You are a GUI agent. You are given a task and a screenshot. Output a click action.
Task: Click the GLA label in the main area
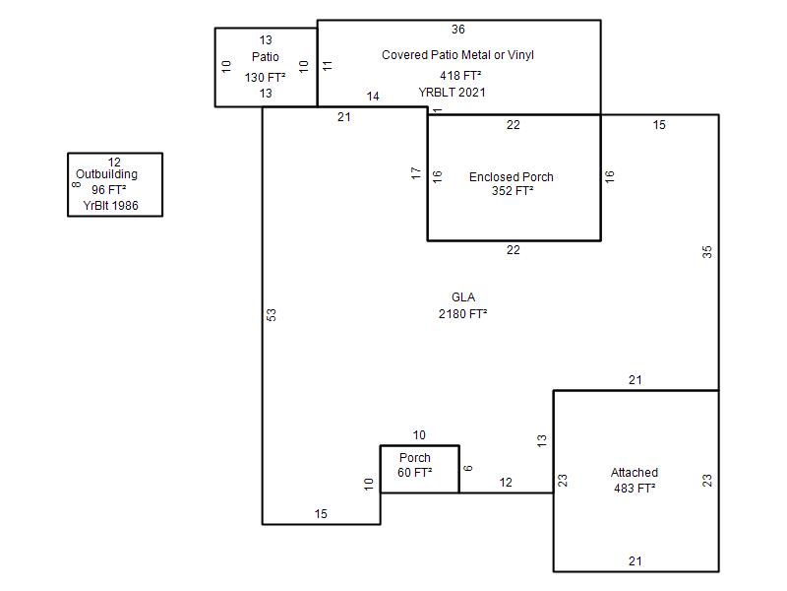click(x=462, y=297)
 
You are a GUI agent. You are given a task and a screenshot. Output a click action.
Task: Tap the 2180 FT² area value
click(x=462, y=314)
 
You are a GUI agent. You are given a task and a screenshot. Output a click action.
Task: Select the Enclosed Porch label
click(x=512, y=177)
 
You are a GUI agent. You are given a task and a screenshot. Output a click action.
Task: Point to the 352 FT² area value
click(x=513, y=191)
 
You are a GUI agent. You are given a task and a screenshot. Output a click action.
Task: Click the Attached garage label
click(x=635, y=473)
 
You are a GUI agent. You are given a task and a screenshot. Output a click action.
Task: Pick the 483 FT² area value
click(x=635, y=488)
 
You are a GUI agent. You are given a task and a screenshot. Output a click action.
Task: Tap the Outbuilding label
click(x=107, y=175)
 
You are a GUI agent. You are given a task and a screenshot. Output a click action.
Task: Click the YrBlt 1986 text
click(x=111, y=206)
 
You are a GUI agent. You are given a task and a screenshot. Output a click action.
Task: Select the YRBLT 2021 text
click(x=453, y=93)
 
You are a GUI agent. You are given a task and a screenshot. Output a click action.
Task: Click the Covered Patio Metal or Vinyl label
click(x=457, y=55)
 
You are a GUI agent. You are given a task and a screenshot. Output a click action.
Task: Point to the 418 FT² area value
click(x=459, y=76)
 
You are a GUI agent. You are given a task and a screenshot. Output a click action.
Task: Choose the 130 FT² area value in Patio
click(x=266, y=77)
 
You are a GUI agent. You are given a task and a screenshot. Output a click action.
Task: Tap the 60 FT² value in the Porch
click(x=415, y=473)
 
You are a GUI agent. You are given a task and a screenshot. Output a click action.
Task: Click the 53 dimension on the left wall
click(x=272, y=315)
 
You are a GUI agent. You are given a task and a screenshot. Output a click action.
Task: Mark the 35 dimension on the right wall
click(x=707, y=251)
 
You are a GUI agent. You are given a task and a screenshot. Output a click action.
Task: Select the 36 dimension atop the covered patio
click(x=458, y=30)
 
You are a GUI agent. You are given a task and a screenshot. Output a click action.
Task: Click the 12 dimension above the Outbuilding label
click(x=114, y=163)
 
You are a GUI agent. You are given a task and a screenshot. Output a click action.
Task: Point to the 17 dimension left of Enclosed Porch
click(x=416, y=174)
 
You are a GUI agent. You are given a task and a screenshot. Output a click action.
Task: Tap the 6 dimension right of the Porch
click(x=468, y=468)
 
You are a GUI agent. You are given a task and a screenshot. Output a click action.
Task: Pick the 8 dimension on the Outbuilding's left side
click(x=76, y=184)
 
